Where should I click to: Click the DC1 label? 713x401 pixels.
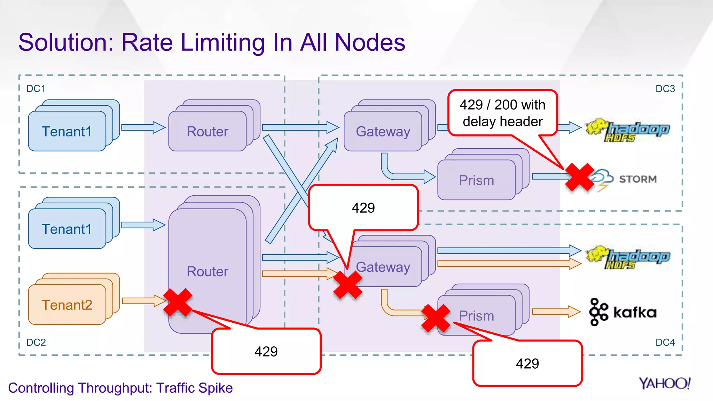[x=36, y=89]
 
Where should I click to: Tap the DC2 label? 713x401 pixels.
[x=36, y=343]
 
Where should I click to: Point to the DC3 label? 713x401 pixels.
[x=665, y=89]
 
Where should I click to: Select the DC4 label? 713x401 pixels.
[x=665, y=343]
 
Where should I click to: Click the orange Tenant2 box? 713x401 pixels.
[x=67, y=305]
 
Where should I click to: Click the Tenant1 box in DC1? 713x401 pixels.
[x=67, y=131]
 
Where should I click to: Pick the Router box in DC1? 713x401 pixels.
[x=207, y=131]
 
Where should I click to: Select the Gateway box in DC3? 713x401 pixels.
[x=383, y=131]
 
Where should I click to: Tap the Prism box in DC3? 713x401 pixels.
[x=476, y=180]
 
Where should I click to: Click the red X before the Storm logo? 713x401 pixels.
[x=579, y=177]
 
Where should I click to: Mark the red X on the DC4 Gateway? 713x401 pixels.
[x=348, y=285]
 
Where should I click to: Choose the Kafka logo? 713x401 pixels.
[x=622, y=312]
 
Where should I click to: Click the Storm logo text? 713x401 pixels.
[x=638, y=179]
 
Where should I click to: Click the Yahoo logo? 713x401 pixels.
[x=664, y=384]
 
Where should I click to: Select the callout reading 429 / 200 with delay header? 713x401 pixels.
[x=503, y=113]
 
